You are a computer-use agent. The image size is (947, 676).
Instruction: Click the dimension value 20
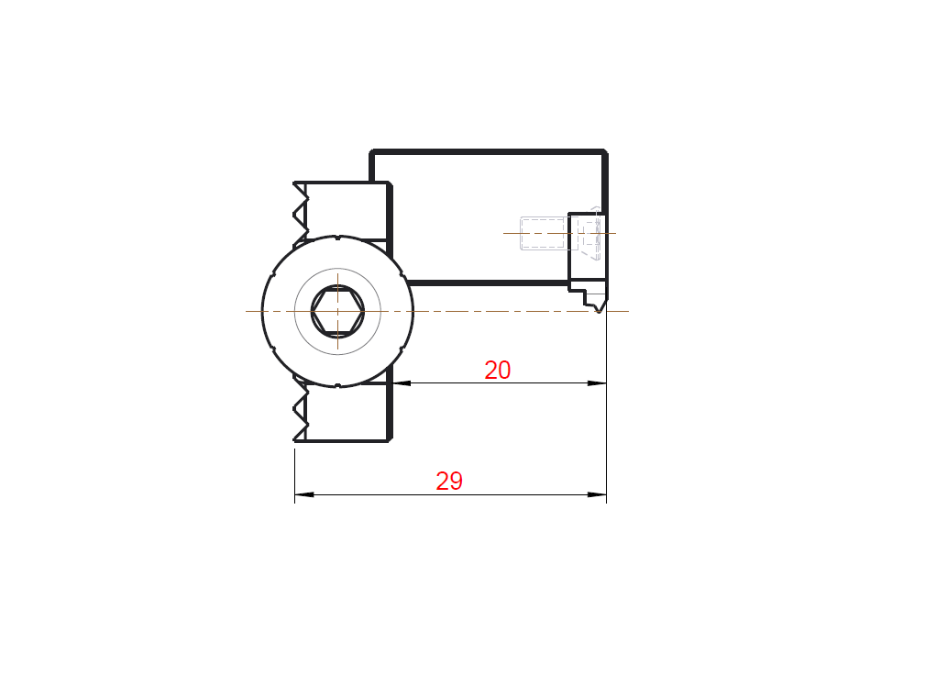(498, 370)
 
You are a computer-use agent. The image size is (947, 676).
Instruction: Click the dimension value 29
(449, 481)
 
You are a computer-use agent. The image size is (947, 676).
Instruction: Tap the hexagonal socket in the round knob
(337, 311)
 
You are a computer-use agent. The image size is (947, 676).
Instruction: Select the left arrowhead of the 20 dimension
(402, 383)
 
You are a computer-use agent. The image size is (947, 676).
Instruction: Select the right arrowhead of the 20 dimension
(598, 383)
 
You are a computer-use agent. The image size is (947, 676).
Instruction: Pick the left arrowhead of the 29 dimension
(304, 494)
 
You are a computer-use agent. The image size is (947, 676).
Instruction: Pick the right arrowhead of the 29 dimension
(598, 494)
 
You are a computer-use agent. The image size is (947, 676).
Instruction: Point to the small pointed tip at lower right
(599, 311)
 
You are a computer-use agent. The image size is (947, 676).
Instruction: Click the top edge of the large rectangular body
(489, 151)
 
